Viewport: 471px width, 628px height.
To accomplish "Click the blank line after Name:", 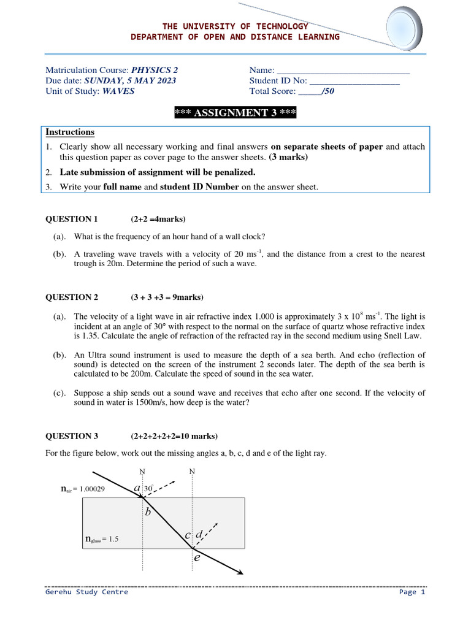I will pyautogui.click(x=344, y=71).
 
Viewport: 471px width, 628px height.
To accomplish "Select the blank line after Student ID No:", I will pyautogui.click(x=354, y=81).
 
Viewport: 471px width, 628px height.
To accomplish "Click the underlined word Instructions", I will pyautogui.click(x=70, y=132).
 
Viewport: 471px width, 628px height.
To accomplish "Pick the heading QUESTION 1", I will pyautogui.click(x=72, y=219).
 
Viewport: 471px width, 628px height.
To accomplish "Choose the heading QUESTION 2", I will pyautogui.click(x=72, y=297).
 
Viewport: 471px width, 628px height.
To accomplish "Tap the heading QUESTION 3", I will pyautogui.click(x=72, y=437).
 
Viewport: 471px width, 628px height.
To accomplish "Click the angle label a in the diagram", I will pyautogui.click(x=137, y=488).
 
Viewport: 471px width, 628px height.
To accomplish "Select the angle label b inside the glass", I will pyautogui.click(x=148, y=512).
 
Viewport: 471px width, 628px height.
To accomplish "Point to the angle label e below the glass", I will pyautogui.click(x=197, y=558).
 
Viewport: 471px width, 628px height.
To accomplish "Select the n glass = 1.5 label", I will pyautogui.click(x=101, y=539).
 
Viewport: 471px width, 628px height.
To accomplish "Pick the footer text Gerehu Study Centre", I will pyautogui.click(x=86, y=592).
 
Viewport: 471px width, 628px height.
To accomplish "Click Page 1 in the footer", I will pyautogui.click(x=412, y=592).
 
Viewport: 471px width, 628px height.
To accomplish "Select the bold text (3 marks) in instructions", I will pyautogui.click(x=288, y=157).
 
